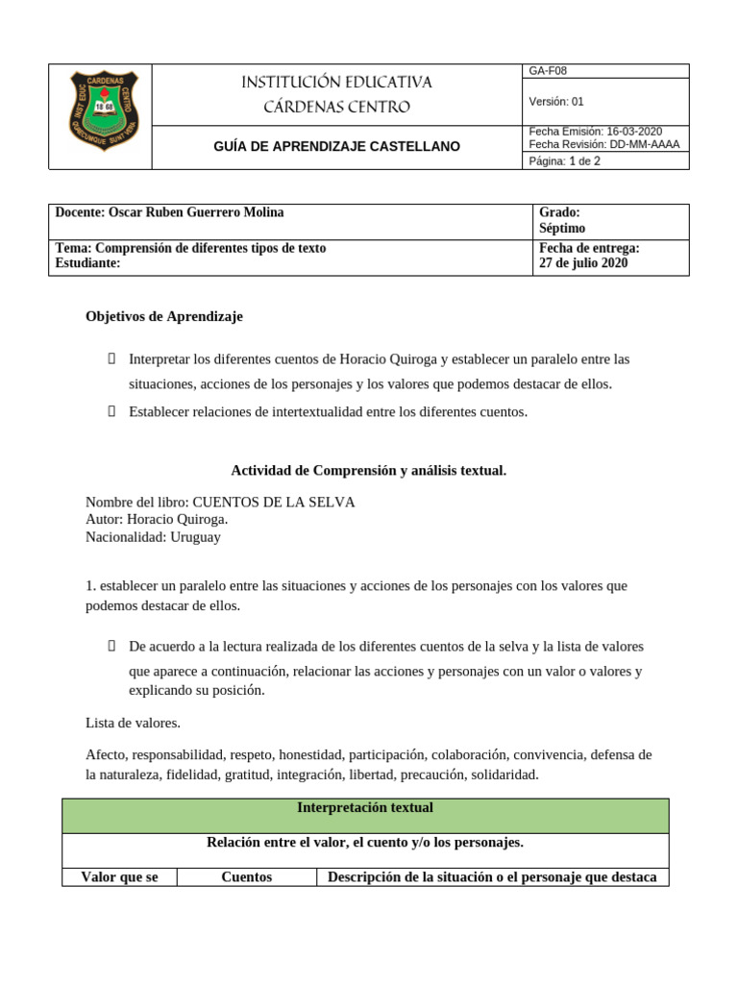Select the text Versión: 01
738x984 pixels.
coord(556,102)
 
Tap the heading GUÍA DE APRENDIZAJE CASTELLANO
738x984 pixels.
coord(336,147)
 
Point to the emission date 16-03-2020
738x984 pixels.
coord(634,132)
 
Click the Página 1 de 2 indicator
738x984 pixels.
coord(565,161)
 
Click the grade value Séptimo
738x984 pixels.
coord(562,229)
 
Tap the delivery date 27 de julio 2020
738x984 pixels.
coord(584,263)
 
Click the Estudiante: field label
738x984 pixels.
coord(88,263)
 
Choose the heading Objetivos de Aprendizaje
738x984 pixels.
coord(164,316)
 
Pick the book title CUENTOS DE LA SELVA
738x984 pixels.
coord(274,503)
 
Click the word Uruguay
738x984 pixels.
coord(195,537)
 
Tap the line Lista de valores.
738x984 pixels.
coord(133,723)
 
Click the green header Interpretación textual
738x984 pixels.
coord(366,808)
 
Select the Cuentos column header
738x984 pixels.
coord(247,877)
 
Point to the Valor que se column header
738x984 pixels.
coord(120,877)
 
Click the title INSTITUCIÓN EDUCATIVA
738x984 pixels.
coord(336,83)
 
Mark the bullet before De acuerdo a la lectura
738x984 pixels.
coord(111,647)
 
